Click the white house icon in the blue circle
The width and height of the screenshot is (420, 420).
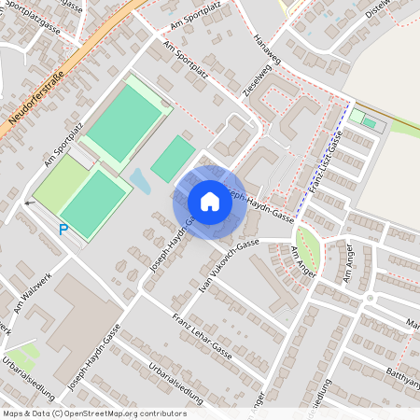pos(209,202)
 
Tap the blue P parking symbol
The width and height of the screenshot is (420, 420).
pos(63,229)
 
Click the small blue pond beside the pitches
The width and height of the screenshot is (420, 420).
pos(140,179)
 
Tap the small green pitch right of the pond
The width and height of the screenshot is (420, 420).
pos(172,158)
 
